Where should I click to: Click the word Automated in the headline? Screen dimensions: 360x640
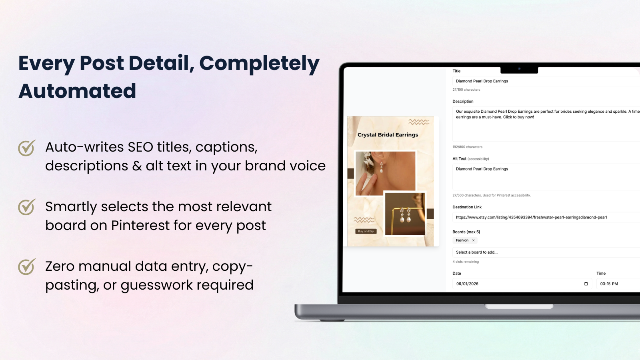pyautogui.click(x=77, y=91)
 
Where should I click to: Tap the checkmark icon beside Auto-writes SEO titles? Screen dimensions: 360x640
pyautogui.click(x=27, y=148)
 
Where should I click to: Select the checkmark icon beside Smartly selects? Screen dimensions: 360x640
pyautogui.click(x=27, y=207)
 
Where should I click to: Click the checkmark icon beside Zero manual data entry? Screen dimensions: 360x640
pyautogui.click(x=27, y=267)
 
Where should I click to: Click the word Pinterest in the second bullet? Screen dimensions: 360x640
pyautogui.click(x=140, y=226)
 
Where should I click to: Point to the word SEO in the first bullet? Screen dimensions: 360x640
pyautogui.click(x=140, y=147)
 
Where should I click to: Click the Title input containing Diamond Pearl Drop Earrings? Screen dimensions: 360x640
pyautogui.click(x=544, y=81)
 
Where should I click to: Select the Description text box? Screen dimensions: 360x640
pyautogui.click(x=544, y=124)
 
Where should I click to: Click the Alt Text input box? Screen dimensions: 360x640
pyautogui.click(x=544, y=176)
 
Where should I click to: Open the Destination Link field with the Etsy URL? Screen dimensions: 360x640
pyautogui.click(x=544, y=218)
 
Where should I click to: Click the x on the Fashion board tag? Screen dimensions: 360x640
pyautogui.click(x=474, y=240)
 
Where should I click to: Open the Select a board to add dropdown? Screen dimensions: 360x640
pyautogui.click(x=544, y=252)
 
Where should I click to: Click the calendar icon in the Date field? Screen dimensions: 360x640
pyautogui.click(x=586, y=284)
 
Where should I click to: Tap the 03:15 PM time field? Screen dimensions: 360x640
pyautogui.click(x=616, y=284)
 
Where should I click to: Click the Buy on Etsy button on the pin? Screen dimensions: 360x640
pyautogui.click(x=366, y=231)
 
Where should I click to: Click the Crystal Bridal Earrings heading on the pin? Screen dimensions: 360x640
pyautogui.click(x=388, y=135)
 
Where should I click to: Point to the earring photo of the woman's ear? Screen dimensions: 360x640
pyautogui.click(x=386, y=173)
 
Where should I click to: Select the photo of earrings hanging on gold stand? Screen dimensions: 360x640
pyautogui.click(x=405, y=214)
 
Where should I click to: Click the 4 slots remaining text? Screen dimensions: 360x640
pyautogui.click(x=466, y=262)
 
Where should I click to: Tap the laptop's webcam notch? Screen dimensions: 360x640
pyautogui.click(x=519, y=69)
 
